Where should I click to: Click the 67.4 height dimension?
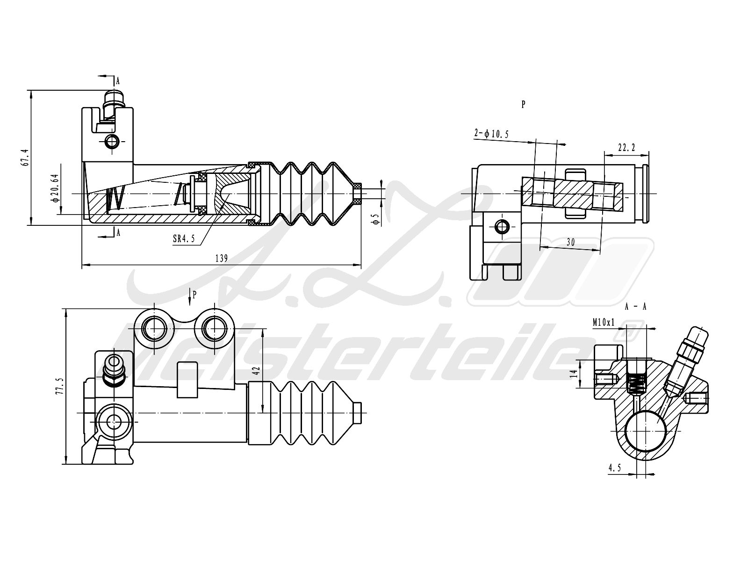(x=26, y=158)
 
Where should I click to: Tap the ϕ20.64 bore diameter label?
(x=56, y=188)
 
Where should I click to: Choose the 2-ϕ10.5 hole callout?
(x=491, y=134)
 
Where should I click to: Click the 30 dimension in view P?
(x=570, y=242)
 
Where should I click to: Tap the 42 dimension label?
(x=256, y=371)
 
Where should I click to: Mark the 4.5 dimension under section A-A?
(x=614, y=467)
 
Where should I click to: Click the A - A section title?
(x=635, y=307)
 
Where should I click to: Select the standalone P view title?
(x=523, y=105)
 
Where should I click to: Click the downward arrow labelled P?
(x=190, y=296)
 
